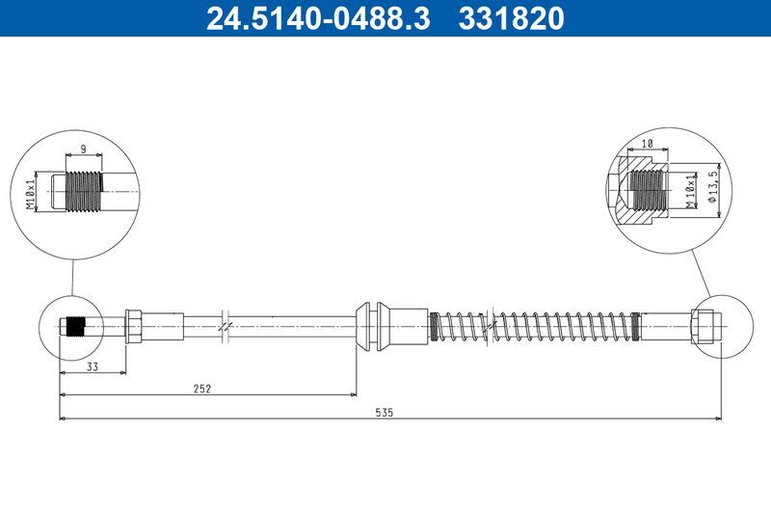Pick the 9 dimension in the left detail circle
[83, 149]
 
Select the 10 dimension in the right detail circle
[648, 143]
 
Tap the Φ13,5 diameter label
[714, 183]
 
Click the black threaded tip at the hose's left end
[77, 326]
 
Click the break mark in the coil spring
[494, 325]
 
